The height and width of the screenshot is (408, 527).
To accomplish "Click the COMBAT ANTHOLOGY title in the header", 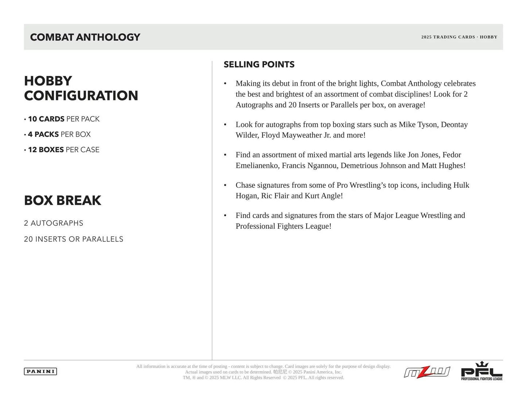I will pyautogui.click(x=85, y=37).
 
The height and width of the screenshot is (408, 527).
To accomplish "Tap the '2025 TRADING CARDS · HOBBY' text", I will pyautogui.click(x=459, y=37).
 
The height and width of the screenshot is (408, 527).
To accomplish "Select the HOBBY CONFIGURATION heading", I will pyautogui.click(x=81, y=88).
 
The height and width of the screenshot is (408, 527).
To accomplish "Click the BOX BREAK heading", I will pyautogui.click(x=62, y=201).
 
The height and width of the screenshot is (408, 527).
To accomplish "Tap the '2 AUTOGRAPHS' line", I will pyautogui.click(x=54, y=223).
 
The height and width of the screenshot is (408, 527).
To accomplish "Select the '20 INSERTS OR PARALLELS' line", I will pyautogui.click(x=74, y=239).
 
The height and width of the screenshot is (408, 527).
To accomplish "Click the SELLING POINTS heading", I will pyautogui.click(x=259, y=65).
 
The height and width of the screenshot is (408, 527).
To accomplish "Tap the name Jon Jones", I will pyautogui.click(x=423, y=155).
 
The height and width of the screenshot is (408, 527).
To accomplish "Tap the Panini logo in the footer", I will pyautogui.click(x=40, y=371).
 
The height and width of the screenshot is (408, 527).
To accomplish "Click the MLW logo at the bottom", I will pyautogui.click(x=427, y=372).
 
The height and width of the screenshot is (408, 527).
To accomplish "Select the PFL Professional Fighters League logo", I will pyautogui.click(x=481, y=371).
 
